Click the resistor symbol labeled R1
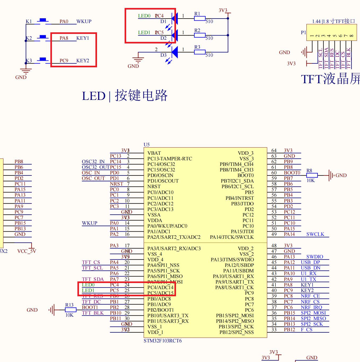click(200, 18)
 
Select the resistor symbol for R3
click(200, 52)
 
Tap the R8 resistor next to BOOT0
click(312, 175)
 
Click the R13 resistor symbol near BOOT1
click(71, 310)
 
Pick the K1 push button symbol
click(42, 21)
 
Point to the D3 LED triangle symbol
click(175, 52)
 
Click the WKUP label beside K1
click(84, 21)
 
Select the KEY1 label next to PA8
click(83, 38)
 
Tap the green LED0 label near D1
click(144, 16)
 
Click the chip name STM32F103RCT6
click(163, 341)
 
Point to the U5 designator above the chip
click(147, 145)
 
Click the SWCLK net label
click(315, 234)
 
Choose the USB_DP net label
click(310, 262)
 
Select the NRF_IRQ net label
click(311, 307)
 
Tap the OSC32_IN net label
click(93, 162)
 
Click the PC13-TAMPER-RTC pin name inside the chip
click(170, 159)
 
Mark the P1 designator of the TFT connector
click(303, 33)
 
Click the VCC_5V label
click(27, 251)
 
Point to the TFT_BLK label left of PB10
click(93, 313)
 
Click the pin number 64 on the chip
click(274, 151)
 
